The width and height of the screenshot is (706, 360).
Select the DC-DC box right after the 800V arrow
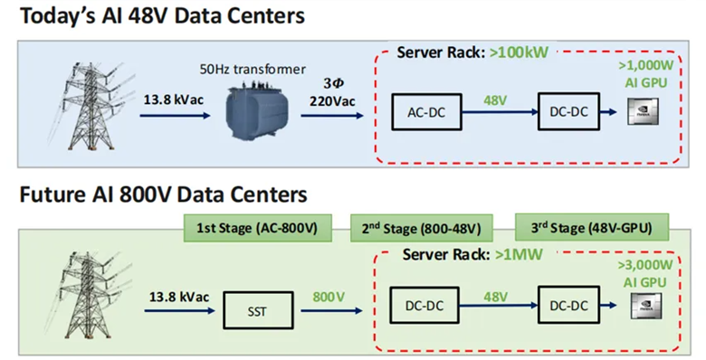[425, 308]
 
